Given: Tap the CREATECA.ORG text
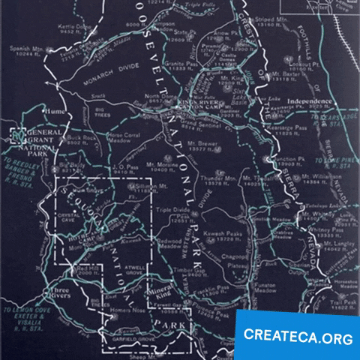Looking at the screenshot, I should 298,337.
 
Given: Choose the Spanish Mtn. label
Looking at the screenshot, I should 23,50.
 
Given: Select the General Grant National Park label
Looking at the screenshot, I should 38,140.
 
